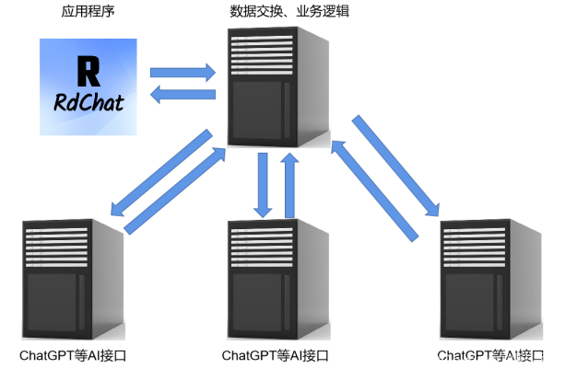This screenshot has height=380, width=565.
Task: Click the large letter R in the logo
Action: [x=88, y=72]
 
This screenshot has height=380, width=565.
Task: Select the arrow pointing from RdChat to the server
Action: [x=182, y=72]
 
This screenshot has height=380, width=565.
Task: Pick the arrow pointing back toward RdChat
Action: [x=182, y=92]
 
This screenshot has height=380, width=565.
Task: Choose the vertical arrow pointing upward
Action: [x=290, y=184]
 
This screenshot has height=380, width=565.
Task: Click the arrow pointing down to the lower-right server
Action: [x=394, y=166]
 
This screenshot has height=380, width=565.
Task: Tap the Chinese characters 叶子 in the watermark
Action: [x=535, y=360]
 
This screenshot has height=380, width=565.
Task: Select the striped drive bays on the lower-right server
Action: [x=474, y=248]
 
